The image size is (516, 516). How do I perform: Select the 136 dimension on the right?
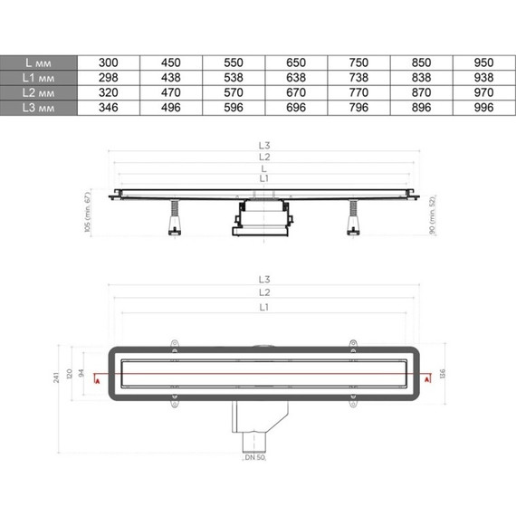442,374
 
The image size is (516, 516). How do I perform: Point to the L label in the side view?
263,168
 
